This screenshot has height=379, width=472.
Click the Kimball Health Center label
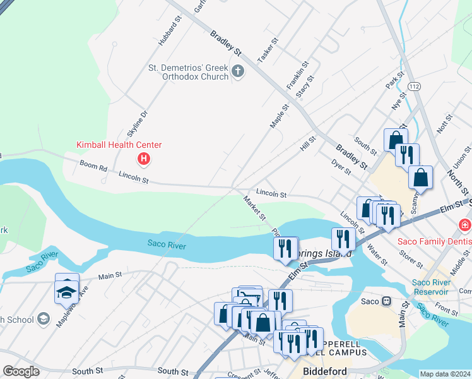(119, 145)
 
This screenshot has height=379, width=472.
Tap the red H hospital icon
(143, 158)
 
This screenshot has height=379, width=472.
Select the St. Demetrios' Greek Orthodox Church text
(188, 72)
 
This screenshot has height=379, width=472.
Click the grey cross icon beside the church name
(238, 70)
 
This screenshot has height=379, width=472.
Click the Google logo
(21, 371)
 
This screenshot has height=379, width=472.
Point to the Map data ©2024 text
(445, 374)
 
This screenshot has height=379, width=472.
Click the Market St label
(255, 208)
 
